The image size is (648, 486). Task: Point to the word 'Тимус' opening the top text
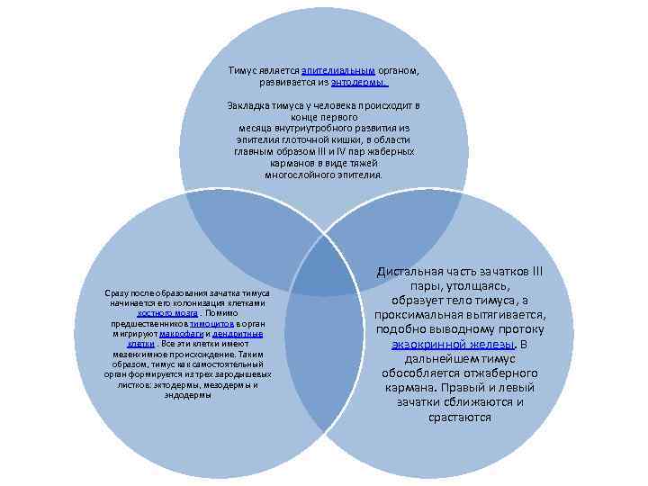point(241,69)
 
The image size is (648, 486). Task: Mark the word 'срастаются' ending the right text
point(460,417)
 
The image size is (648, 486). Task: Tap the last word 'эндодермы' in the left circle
point(188,394)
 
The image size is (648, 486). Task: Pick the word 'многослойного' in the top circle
point(296,175)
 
